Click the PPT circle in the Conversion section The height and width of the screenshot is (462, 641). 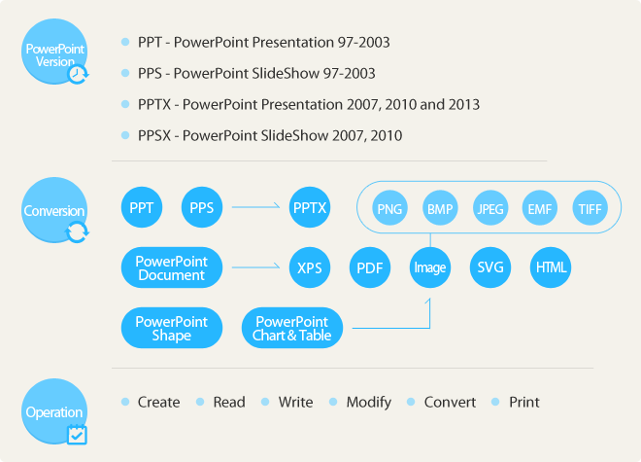(x=142, y=207)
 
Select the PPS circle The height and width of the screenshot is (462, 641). (x=202, y=207)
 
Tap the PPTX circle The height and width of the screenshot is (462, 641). (x=310, y=207)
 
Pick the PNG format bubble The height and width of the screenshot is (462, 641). (x=389, y=208)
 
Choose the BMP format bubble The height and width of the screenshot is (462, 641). (x=440, y=208)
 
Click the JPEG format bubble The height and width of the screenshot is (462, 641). (x=490, y=208)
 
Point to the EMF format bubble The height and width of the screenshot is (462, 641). (x=540, y=208)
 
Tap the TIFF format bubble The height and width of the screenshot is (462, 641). (x=590, y=208)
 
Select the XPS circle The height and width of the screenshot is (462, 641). (x=310, y=267)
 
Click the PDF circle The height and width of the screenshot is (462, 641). (x=370, y=267)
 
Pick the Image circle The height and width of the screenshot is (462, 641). (x=430, y=267)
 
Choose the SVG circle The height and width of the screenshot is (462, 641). (x=490, y=267)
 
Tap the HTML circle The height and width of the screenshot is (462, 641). (x=551, y=267)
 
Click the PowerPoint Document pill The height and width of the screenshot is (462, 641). (x=172, y=267)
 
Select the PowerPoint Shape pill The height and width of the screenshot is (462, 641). (x=172, y=328)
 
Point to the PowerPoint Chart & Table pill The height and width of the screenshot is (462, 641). (x=292, y=328)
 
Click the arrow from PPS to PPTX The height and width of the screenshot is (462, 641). (x=255, y=207)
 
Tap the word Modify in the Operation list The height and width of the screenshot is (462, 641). (x=369, y=403)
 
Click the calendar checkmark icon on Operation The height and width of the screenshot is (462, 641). (x=78, y=435)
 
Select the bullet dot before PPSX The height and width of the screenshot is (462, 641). (x=125, y=135)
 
